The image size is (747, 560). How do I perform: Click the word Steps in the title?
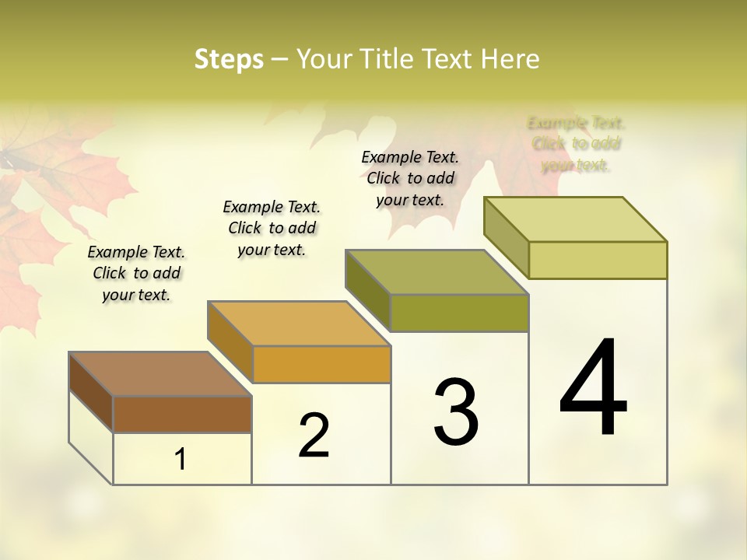pos(229,59)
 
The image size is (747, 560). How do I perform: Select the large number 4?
pos(593,388)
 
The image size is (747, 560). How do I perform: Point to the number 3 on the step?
pos(455,411)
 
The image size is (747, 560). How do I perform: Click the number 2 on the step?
pos(314,435)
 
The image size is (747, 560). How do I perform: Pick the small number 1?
pos(181,459)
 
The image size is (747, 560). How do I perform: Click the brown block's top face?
pos(160,374)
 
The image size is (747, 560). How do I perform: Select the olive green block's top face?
pos(437,272)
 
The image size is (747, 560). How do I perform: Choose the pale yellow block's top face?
pos(575,219)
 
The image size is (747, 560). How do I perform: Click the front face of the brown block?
pos(182,414)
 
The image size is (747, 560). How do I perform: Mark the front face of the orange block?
pos(321,364)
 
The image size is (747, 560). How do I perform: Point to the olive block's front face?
pos(459,313)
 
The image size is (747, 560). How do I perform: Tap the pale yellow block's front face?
pos(598,260)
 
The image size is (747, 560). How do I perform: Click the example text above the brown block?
pos(136,273)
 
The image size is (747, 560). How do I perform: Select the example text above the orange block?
pos(272,228)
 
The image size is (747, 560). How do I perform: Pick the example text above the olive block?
pos(410,178)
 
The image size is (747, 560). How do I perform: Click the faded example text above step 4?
pos(577,144)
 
